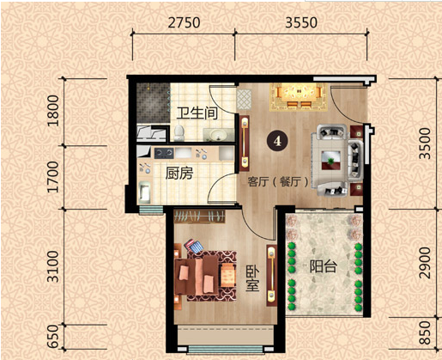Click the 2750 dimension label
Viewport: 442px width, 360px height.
(x=184, y=23)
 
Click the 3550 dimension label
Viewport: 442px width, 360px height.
(x=301, y=23)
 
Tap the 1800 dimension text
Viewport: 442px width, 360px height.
(x=53, y=111)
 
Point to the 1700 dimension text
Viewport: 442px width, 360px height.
(x=53, y=177)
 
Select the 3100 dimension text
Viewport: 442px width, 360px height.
(x=53, y=266)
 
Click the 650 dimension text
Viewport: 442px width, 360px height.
(x=53, y=337)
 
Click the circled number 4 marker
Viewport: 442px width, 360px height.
(x=276, y=141)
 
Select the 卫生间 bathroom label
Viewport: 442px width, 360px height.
(x=197, y=113)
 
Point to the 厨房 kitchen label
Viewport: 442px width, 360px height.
(x=179, y=173)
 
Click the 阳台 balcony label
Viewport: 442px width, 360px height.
(x=324, y=266)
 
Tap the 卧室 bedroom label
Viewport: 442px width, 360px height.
(x=252, y=279)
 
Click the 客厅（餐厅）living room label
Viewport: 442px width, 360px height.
(x=278, y=182)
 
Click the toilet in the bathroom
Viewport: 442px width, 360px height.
(x=179, y=132)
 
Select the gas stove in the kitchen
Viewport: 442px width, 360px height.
(x=164, y=153)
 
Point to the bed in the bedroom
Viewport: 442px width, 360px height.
(x=197, y=276)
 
